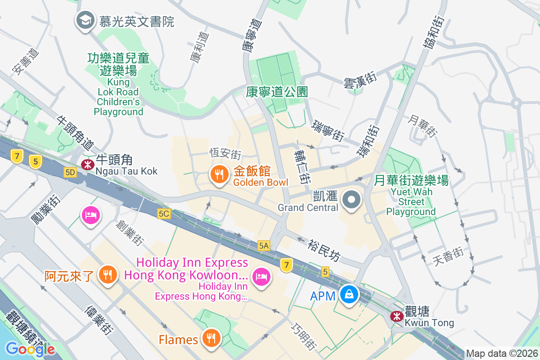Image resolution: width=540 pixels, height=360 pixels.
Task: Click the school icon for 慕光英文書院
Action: (85, 21)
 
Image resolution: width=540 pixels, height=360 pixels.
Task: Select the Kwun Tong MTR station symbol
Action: (396, 316)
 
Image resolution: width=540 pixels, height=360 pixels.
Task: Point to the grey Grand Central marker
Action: (351, 200)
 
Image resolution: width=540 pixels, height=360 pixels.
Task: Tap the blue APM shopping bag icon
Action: (349, 295)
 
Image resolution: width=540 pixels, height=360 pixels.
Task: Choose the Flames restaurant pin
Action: (210, 338)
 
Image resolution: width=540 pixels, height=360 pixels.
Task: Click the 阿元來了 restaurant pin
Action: (108, 274)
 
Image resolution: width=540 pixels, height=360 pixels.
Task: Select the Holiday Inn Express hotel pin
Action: (261, 276)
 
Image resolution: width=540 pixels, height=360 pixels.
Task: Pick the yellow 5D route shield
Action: (70, 172)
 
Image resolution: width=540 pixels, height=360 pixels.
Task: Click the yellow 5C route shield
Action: (163, 213)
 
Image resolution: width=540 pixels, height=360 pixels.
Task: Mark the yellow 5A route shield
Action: (264, 245)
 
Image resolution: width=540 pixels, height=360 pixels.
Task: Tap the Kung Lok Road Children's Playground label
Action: (119, 84)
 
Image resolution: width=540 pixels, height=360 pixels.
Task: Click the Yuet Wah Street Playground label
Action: (411, 196)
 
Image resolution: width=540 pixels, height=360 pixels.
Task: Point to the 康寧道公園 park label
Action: (277, 92)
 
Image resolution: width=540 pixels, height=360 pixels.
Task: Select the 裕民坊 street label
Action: (324, 250)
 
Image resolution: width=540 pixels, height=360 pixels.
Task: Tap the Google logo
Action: (30, 349)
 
